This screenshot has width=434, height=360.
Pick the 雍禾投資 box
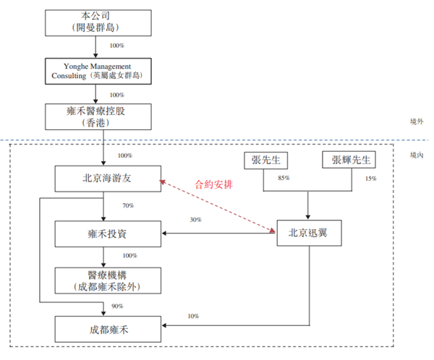click(x=107, y=233)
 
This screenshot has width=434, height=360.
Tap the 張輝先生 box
click(x=352, y=160)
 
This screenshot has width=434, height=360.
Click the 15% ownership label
click(x=371, y=179)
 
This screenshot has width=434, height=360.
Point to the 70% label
click(x=128, y=206)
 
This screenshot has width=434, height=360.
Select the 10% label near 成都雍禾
click(x=192, y=316)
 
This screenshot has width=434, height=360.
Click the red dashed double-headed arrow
click(x=217, y=205)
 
